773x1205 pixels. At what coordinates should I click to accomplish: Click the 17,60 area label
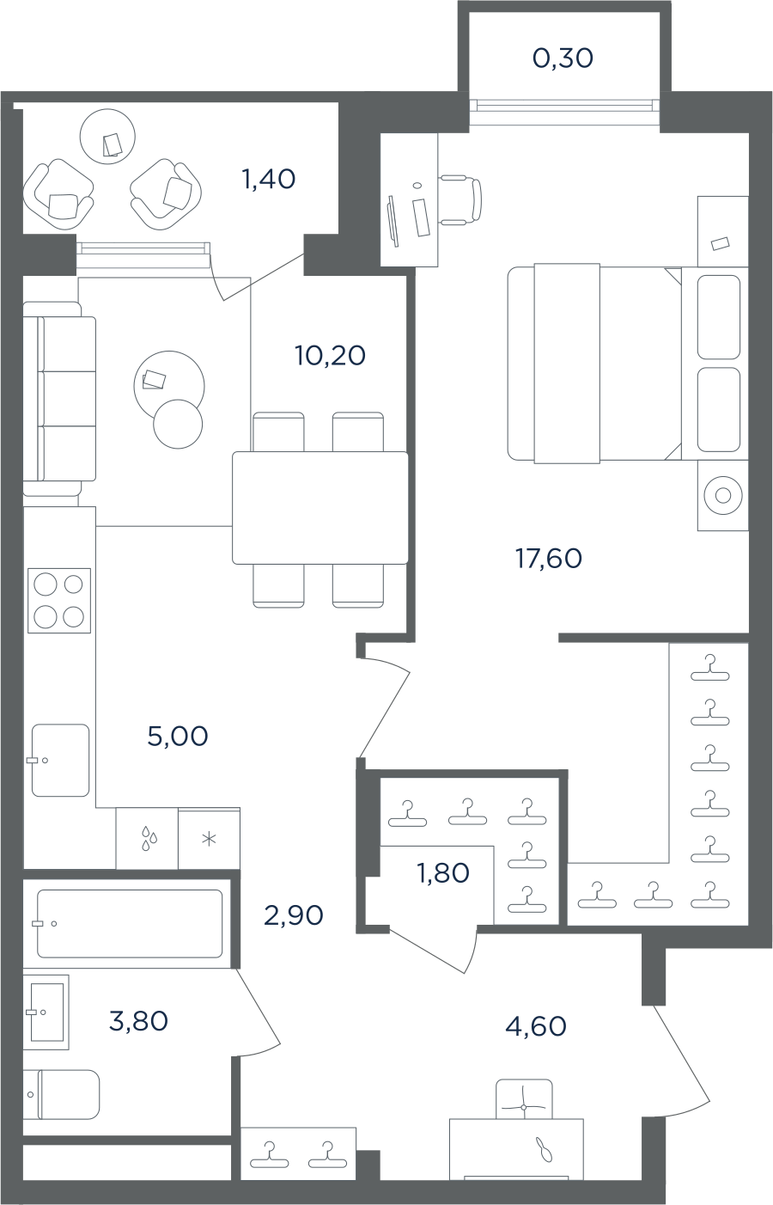548,559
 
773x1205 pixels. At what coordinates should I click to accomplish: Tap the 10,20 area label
330,356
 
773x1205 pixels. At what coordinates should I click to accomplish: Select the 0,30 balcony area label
563,58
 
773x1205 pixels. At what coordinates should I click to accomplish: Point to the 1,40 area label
269,179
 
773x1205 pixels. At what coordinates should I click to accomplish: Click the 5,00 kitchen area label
178,737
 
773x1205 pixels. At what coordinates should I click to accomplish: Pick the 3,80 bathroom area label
138,1021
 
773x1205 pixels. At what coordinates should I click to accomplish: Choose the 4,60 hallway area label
536,1026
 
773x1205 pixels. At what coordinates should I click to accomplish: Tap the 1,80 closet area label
443,873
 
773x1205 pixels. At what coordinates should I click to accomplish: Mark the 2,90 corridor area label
294,915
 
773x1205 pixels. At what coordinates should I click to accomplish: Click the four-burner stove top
59,600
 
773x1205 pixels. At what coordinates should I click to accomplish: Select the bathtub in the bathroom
130,924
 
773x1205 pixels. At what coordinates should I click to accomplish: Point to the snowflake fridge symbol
209,839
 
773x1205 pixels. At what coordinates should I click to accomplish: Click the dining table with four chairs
320,508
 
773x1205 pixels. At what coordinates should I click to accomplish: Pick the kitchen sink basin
60,760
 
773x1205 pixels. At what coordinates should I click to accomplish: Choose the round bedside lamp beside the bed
723,495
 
